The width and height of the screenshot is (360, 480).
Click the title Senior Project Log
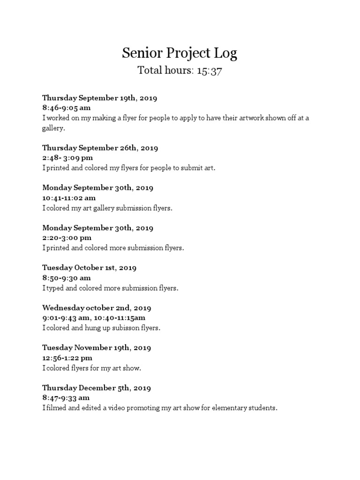click(180, 53)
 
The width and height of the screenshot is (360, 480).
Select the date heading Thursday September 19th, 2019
click(99, 98)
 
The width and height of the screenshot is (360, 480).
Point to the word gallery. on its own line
click(53, 128)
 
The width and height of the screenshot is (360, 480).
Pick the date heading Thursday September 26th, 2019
click(100, 148)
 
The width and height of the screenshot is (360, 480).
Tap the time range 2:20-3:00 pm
click(67, 238)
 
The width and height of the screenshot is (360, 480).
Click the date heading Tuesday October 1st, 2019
click(89, 268)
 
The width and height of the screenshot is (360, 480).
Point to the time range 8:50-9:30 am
click(66, 277)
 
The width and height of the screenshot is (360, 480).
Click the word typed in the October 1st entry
click(54, 288)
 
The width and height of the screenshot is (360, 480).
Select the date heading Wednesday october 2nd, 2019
click(97, 308)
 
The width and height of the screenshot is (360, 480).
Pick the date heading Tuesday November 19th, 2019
click(96, 348)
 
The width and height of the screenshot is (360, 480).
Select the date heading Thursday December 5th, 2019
click(96, 388)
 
